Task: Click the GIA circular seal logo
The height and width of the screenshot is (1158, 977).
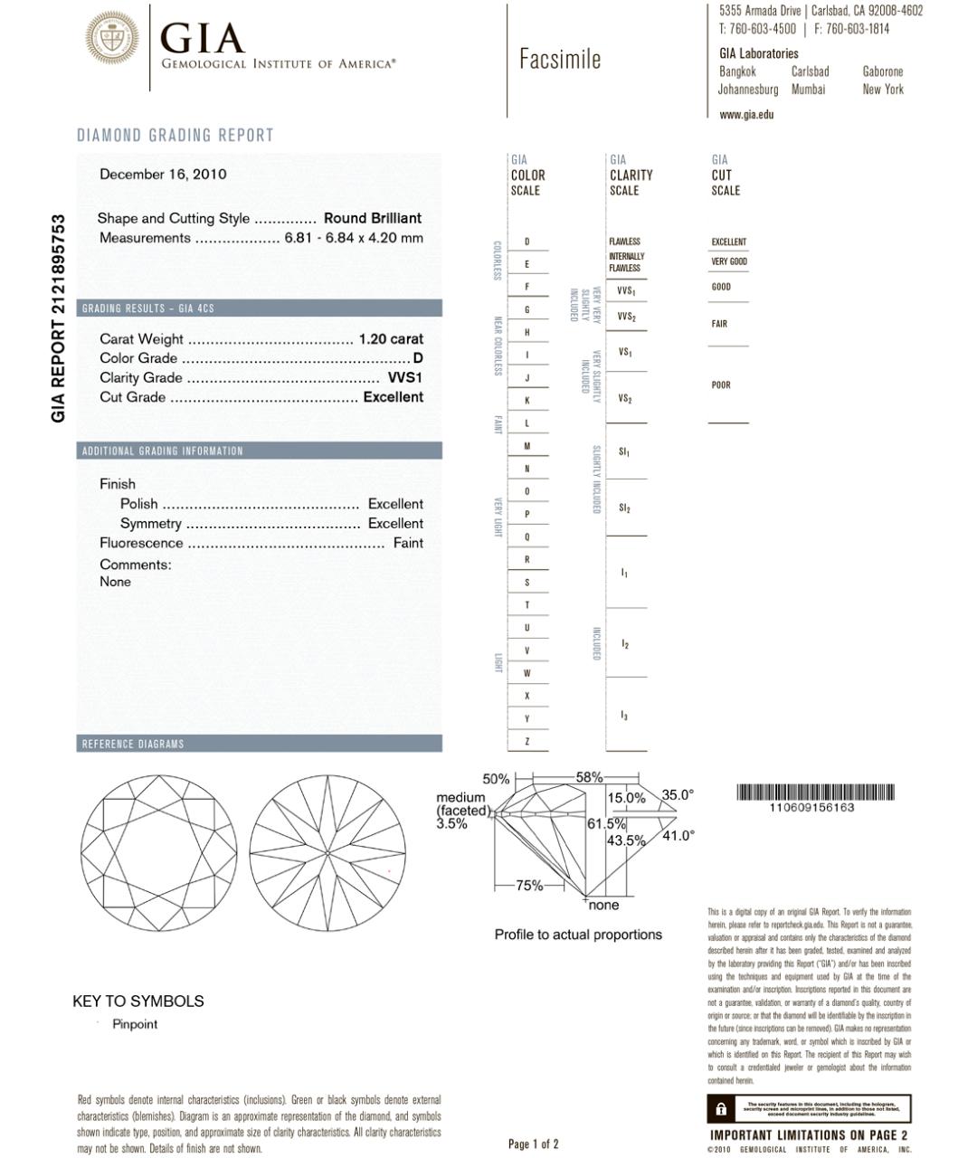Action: pyautogui.click(x=112, y=37)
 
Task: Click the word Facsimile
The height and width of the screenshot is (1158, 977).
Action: pyautogui.click(x=560, y=60)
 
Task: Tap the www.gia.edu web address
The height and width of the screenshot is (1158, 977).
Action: pyautogui.click(x=746, y=115)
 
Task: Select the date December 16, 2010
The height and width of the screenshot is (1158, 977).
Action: pyautogui.click(x=163, y=175)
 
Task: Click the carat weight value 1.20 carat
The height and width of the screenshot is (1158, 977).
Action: pyautogui.click(x=391, y=339)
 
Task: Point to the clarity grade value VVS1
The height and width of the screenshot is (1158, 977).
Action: pyautogui.click(x=405, y=378)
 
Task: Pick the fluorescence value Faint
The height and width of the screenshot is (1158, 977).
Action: pyautogui.click(x=408, y=544)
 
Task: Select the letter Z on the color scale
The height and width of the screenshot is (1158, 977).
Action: pyautogui.click(x=527, y=742)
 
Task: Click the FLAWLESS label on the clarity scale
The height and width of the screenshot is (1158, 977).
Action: pyautogui.click(x=624, y=242)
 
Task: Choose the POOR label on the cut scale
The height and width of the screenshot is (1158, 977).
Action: pyautogui.click(x=721, y=385)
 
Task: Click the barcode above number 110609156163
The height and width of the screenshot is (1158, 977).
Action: pyautogui.click(x=816, y=793)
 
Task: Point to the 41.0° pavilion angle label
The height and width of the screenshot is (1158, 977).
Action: pyautogui.click(x=678, y=836)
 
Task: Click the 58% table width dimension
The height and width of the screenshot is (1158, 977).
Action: pyautogui.click(x=589, y=777)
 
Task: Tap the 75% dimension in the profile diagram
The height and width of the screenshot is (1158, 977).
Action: pyautogui.click(x=529, y=886)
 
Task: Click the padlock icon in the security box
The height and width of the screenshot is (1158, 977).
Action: pyautogui.click(x=721, y=1109)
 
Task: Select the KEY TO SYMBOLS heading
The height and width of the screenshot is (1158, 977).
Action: pyautogui.click(x=138, y=1001)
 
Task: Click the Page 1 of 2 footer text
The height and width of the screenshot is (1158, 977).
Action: pyautogui.click(x=534, y=1144)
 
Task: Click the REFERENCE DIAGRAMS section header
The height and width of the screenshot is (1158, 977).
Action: pyautogui.click(x=133, y=745)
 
